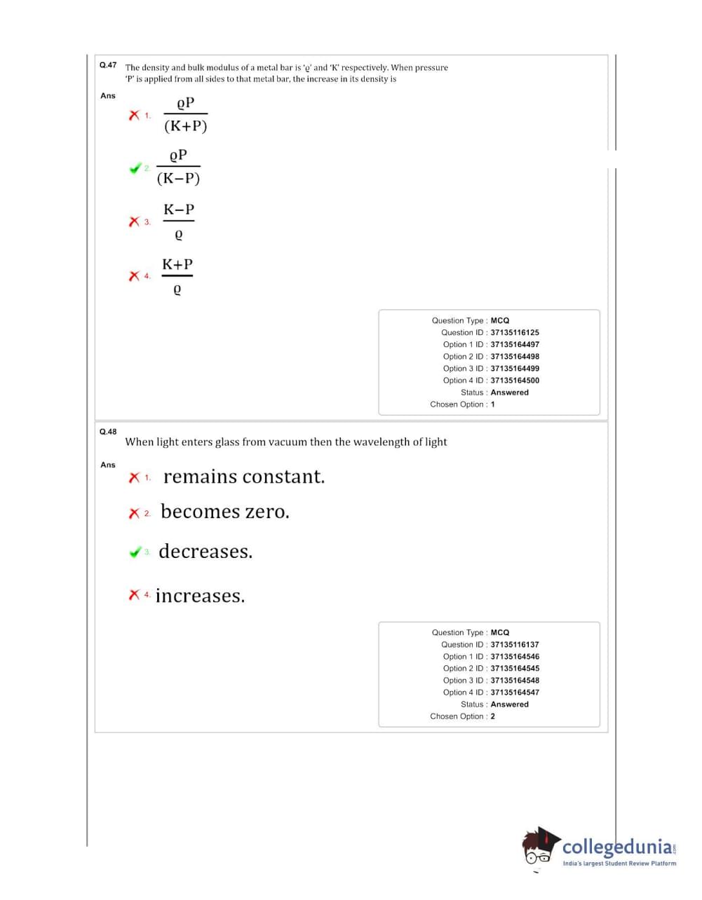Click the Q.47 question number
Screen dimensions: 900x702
[x=108, y=65]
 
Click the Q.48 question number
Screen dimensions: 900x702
[x=108, y=432]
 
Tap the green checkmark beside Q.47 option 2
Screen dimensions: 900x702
[x=135, y=168]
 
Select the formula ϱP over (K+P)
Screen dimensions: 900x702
[x=185, y=114]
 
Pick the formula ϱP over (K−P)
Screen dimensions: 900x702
[x=178, y=167]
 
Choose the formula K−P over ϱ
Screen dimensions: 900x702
[x=179, y=221]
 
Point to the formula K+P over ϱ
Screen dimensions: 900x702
[x=177, y=275]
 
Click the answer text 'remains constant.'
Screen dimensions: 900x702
[x=244, y=477]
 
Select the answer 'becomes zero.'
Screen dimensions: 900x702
[x=224, y=512]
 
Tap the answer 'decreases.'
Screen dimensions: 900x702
[x=205, y=552]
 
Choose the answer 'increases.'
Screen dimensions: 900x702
[x=200, y=596]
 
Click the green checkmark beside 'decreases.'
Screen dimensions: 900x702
[x=135, y=552]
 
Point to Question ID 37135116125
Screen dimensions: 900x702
[x=515, y=332]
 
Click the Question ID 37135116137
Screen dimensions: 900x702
[x=515, y=644]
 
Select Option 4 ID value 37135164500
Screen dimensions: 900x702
[x=515, y=381]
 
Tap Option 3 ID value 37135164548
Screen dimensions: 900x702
[x=515, y=680]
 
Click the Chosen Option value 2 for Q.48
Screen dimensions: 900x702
[x=493, y=716]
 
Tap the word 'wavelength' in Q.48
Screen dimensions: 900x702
[x=382, y=442]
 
